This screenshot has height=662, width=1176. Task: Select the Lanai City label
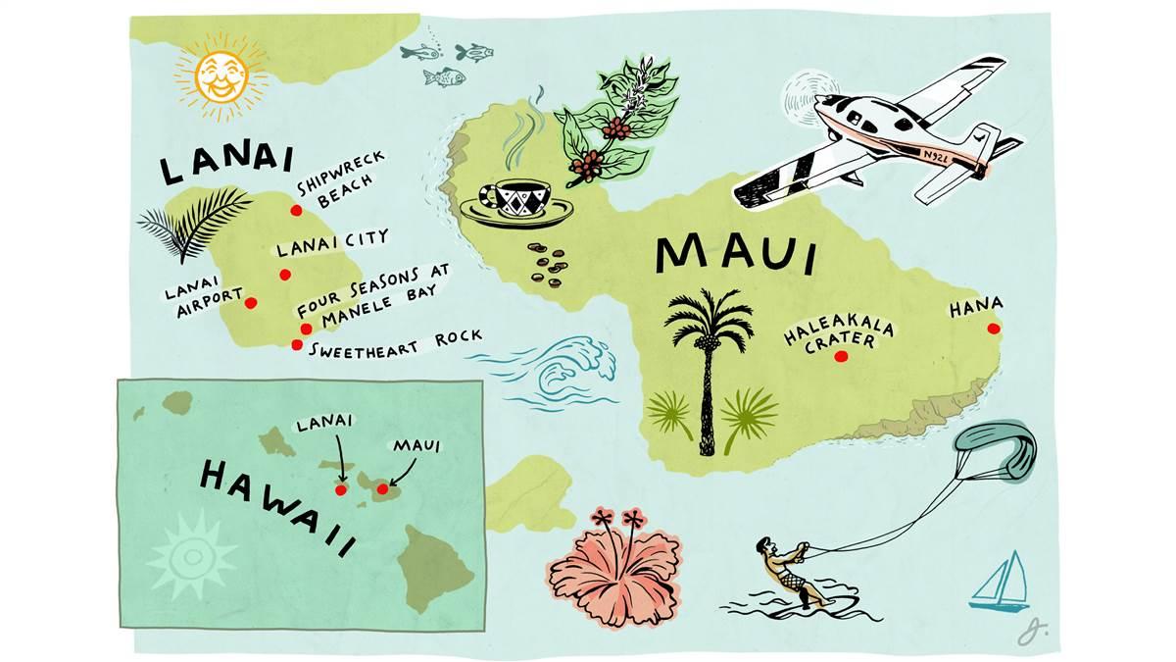pos(332,238)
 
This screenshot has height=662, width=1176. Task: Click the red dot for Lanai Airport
pos(251,303)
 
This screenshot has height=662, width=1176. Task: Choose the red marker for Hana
pos(993,329)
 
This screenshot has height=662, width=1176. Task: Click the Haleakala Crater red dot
pos(839,358)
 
